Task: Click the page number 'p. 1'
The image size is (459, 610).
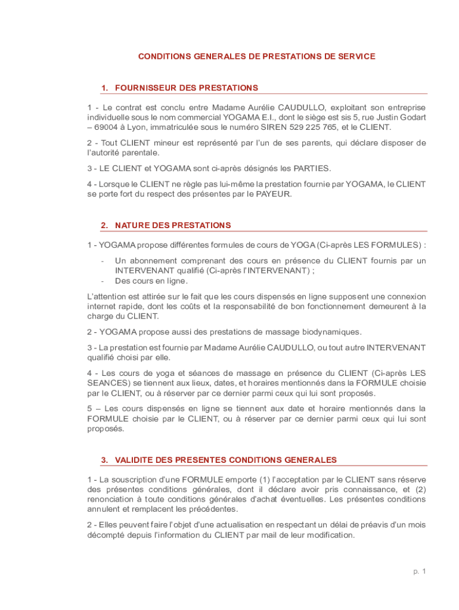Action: coord(420,571)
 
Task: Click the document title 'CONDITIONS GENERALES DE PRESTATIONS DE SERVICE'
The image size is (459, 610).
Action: coord(256,57)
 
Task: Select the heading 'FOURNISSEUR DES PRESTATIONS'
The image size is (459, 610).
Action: coord(186,88)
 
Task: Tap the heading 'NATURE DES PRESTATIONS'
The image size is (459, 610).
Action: coord(172,225)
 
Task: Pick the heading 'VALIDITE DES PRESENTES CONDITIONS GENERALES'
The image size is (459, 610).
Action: coord(225,460)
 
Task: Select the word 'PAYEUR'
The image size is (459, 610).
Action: coord(274,194)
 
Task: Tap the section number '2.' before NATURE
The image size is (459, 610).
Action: coord(104,225)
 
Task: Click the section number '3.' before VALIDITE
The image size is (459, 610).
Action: coord(104,460)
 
